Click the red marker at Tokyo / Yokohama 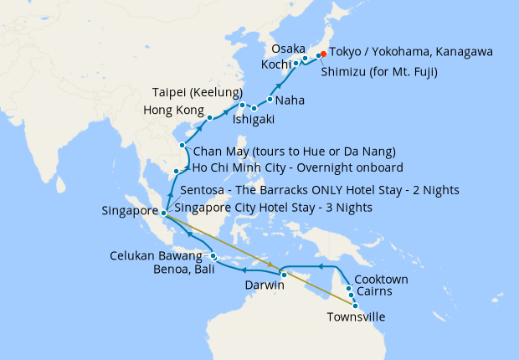323,56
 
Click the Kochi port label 275,64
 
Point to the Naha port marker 270,100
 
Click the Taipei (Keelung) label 198,91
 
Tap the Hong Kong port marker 210,117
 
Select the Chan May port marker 182,145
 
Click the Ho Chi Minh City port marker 176,172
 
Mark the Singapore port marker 164,212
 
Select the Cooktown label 381,279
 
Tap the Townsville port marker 344,306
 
